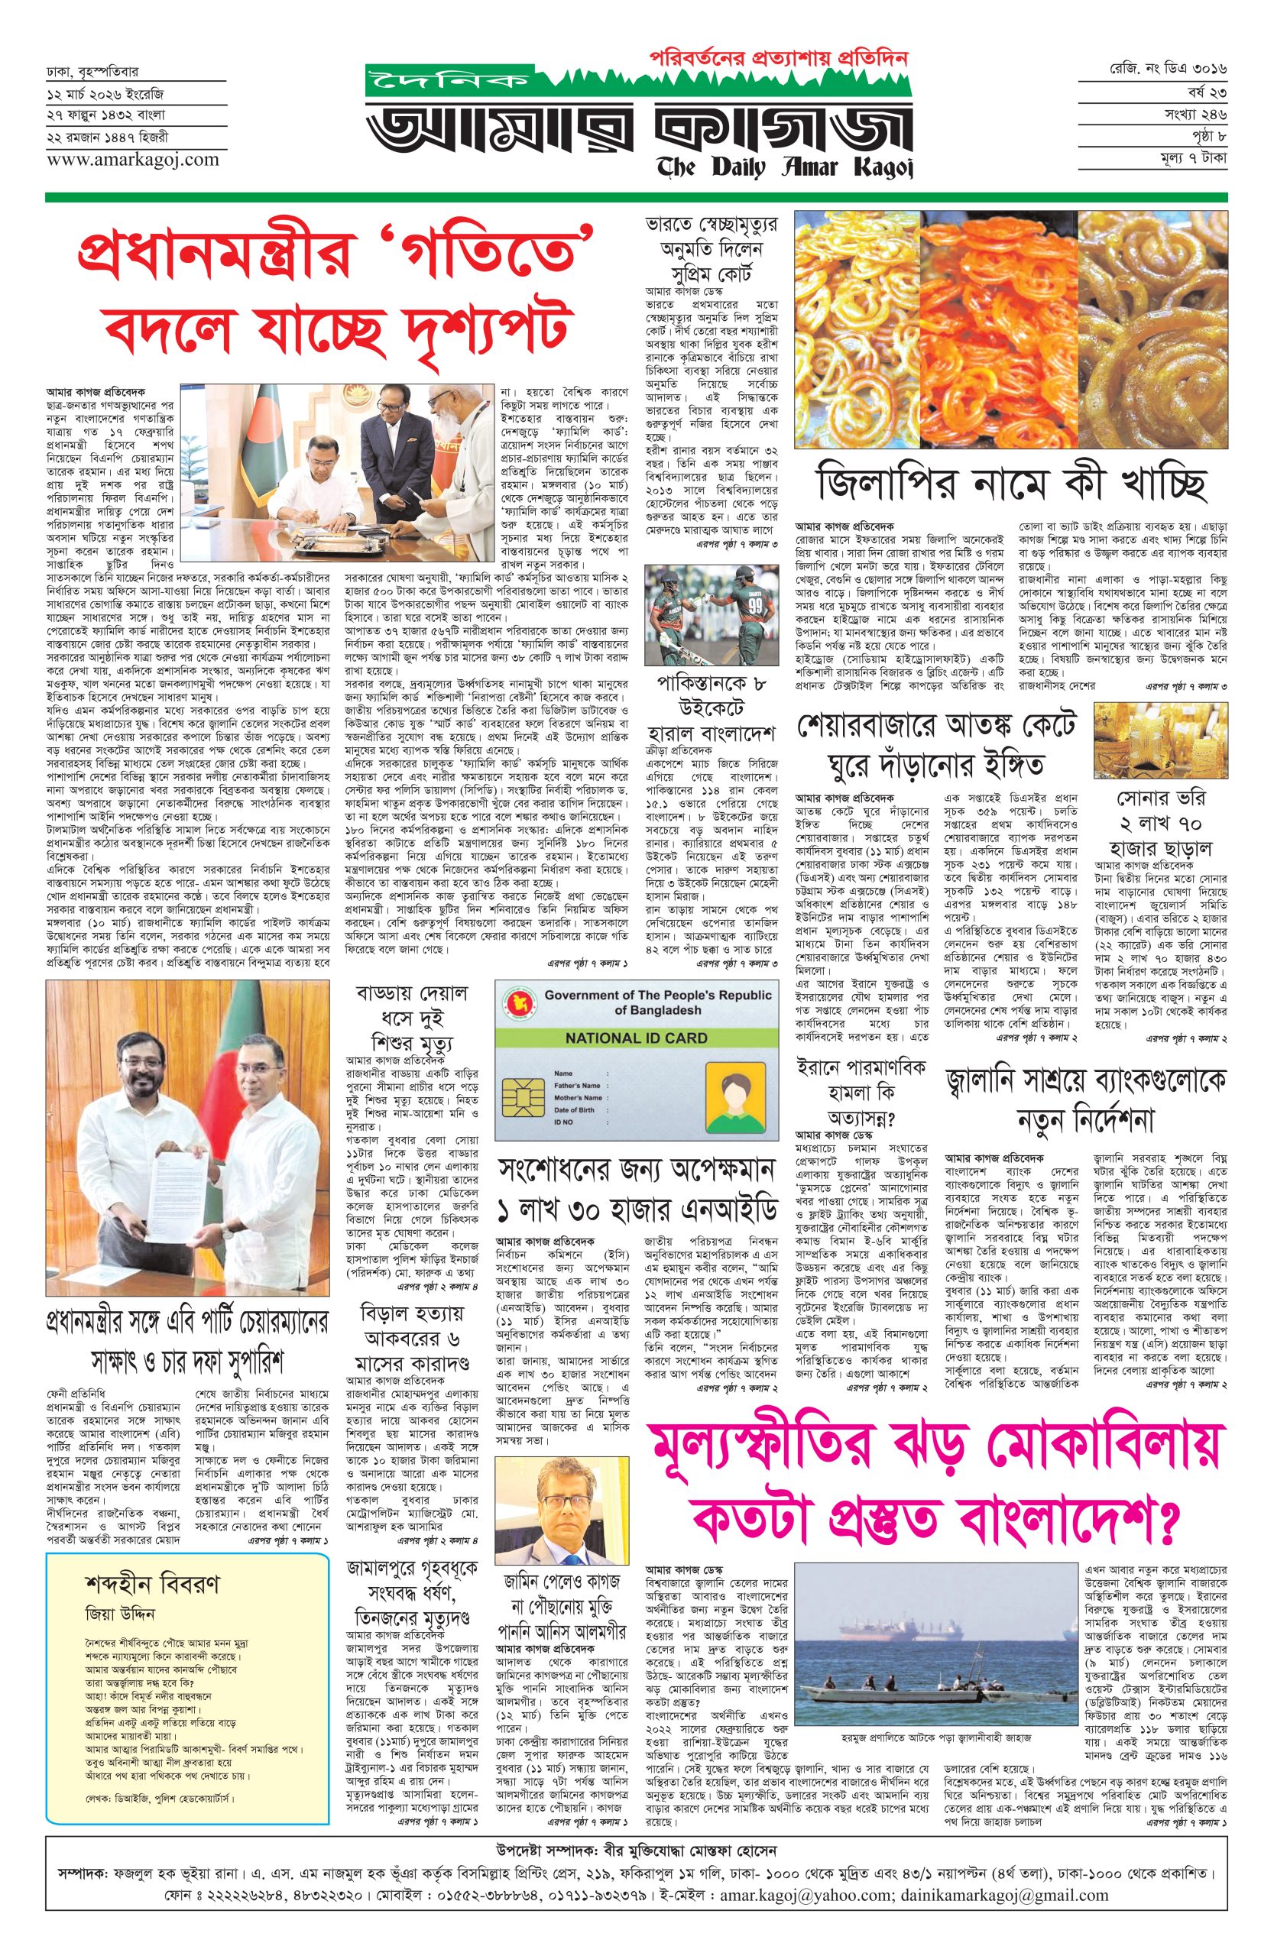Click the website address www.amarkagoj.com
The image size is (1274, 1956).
(132, 160)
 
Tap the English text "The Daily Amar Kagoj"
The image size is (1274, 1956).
(784, 169)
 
